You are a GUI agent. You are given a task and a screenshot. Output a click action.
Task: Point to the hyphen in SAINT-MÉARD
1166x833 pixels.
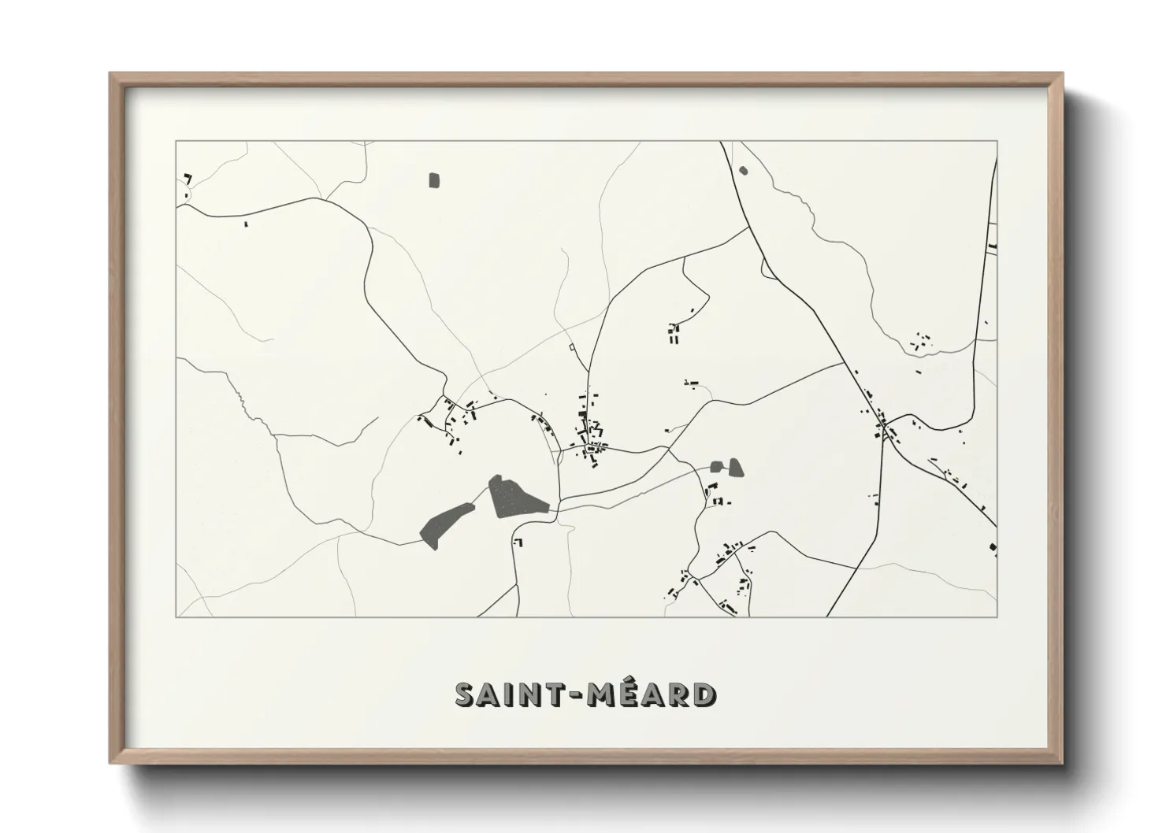point(570,694)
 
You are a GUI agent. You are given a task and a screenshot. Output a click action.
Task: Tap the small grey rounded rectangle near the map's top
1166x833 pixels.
point(433,180)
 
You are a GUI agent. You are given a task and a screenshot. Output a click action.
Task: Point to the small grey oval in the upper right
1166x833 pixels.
point(743,168)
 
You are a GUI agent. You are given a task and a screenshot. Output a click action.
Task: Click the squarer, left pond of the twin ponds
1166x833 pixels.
point(716,466)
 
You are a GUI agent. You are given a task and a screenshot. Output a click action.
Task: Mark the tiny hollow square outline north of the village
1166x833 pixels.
point(570,346)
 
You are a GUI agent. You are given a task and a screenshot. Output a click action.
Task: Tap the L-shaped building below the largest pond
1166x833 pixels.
point(518,542)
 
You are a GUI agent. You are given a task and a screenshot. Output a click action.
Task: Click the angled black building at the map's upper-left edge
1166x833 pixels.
point(188,177)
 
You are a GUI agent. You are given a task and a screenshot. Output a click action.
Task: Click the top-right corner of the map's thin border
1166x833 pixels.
point(997,142)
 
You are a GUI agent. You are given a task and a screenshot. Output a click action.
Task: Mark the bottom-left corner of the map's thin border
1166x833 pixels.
point(176,616)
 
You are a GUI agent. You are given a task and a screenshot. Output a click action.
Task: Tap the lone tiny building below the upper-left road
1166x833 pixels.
point(246,224)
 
